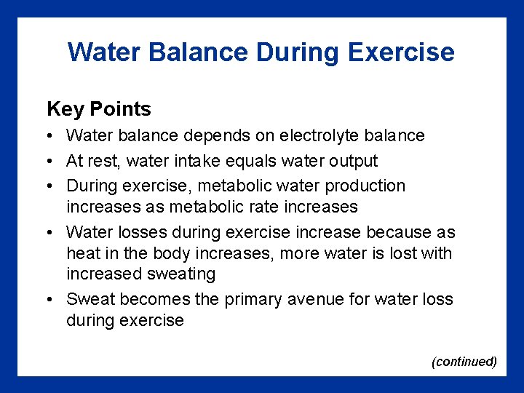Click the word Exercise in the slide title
tap(401, 52)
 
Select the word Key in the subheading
tap(65, 110)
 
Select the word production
tap(364, 186)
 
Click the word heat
tap(83, 254)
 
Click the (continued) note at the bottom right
tap(464, 362)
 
